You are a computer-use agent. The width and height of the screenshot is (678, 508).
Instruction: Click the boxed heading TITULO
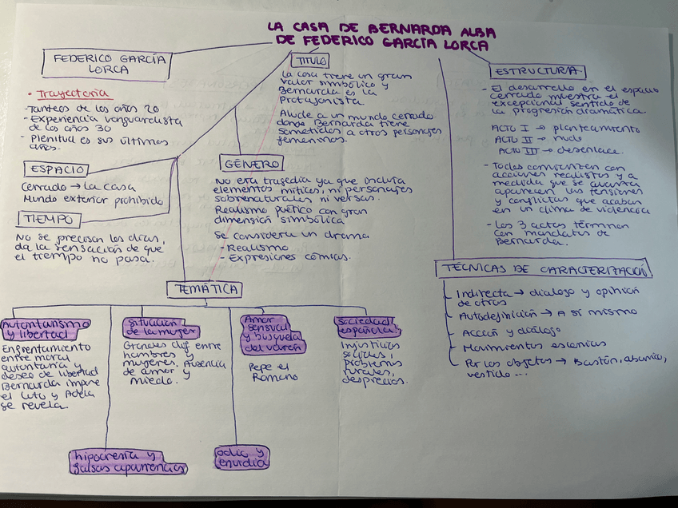pyautogui.click(x=309, y=61)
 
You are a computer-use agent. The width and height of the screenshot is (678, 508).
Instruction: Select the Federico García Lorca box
pyautogui.click(x=110, y=63)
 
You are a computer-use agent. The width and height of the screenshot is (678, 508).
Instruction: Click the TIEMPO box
pyautogui.click(x=48, y=218)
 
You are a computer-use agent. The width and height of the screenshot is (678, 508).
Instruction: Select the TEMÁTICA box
pyautogui.click(x=204, y=289)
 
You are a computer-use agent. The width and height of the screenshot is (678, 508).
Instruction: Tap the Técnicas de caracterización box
pyautogui.click(x=544, y=269)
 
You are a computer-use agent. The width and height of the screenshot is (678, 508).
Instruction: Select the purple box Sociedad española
pyautogui.click(x=366, y=325)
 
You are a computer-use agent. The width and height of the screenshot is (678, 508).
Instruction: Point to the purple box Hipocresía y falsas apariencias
pyautogui.click(x=129, y=462)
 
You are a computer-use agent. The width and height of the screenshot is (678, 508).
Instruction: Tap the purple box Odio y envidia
pyautogui.click(x=241, y=457)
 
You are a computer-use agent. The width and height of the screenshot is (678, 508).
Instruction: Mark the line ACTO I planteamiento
pyautogui.click(x=565, y=128)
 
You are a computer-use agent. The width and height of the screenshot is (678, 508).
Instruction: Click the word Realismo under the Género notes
pyautogui.click(x=249, y=248)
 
